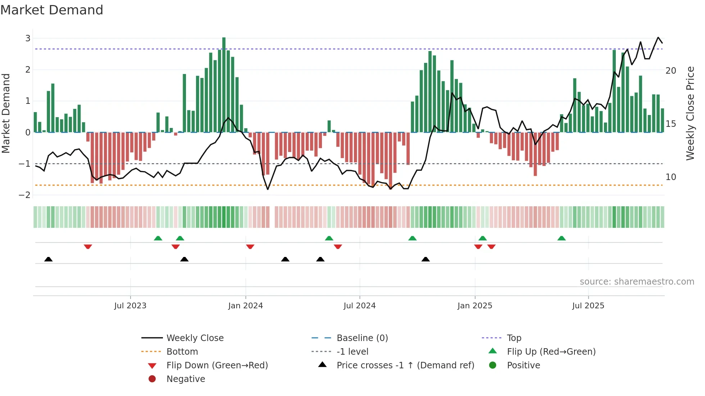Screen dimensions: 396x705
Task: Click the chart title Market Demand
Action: point(52,10)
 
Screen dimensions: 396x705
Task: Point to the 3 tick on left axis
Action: point(28,38)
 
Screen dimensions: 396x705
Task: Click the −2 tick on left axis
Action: point(25,195)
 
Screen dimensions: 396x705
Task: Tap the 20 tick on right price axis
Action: point(671,71)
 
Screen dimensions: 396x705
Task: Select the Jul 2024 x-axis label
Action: point(359,306)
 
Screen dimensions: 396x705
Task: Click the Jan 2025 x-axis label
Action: point(475,306)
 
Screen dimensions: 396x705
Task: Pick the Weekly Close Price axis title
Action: point(690,113)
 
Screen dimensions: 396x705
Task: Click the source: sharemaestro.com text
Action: point(637,282)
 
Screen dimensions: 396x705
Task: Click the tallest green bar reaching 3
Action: point(224,84)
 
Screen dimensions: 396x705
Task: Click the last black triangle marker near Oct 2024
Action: point(426,259)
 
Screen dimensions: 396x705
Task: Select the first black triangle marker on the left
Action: point(49,259)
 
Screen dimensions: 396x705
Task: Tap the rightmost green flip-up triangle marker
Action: point(561,238)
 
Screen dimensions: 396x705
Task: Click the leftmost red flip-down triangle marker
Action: point(88,247)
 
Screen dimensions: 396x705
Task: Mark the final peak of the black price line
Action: point(658,37)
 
